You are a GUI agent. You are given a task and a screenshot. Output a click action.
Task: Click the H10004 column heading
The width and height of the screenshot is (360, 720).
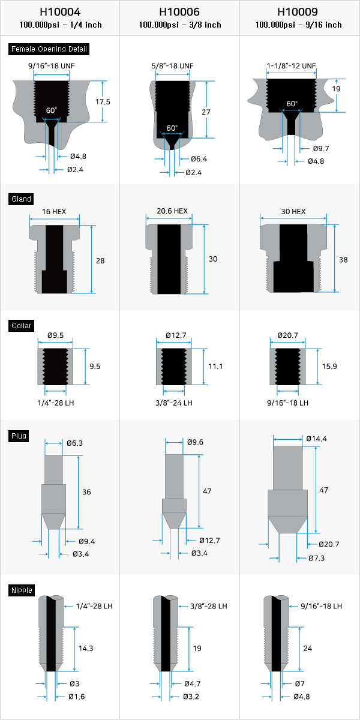coord(60,12)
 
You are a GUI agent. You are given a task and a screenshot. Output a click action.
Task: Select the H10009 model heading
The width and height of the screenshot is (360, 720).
coord(298,12)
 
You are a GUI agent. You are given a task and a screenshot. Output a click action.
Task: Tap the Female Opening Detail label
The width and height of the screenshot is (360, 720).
coord(49,49)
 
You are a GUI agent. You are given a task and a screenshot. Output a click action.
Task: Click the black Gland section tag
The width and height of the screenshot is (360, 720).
coord(21,199)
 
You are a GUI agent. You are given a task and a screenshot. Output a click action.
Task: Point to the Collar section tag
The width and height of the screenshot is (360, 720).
coord(21,326)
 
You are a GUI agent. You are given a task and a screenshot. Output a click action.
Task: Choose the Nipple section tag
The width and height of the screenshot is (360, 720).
coord(22,590)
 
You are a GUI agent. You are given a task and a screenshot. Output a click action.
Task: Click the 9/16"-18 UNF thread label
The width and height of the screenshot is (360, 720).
coord(52,66)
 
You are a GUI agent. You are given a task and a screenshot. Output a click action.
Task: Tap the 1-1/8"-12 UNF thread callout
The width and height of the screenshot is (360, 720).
coord(291,66)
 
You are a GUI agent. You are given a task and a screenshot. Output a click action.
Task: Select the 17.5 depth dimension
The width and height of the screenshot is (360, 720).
coord(103,102)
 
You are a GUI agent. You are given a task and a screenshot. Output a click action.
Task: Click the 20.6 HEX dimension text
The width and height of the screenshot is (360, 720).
coord(172,211)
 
